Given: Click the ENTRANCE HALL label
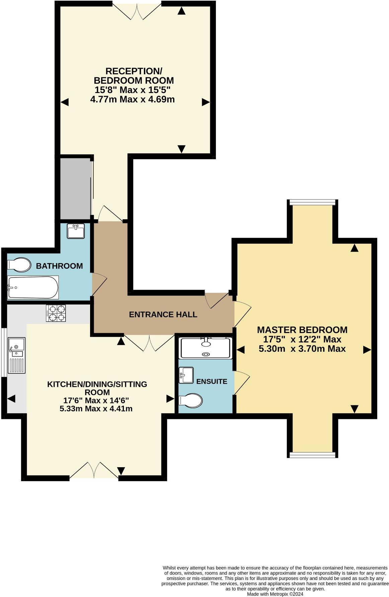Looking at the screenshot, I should click(x=163, y=315).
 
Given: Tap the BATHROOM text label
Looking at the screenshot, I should click(x=59, y=266).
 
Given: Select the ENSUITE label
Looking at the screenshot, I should click(x=212, y=381).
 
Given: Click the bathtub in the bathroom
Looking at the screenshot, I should click(x=33, y=287).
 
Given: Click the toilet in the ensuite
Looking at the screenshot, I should click(x=190, y=400).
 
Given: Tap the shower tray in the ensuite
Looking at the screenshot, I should click(x=206, y=348).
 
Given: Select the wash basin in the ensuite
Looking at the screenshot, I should click(x=186, y=375).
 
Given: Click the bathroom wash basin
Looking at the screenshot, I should click(x=76, y=231).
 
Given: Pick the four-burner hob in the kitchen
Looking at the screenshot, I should click(x=56, y=313).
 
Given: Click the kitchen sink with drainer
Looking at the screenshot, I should click(x=16, y=355).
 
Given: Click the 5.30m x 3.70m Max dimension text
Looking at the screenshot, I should click(x=302, y=349).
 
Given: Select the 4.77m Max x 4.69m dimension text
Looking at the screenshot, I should click(x=133, y=99).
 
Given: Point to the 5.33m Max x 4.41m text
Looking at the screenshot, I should click(x=96, y=409).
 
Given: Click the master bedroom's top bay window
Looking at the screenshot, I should click(x=312, y=202).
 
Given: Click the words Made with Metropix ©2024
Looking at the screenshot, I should click(x=275, y=594).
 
